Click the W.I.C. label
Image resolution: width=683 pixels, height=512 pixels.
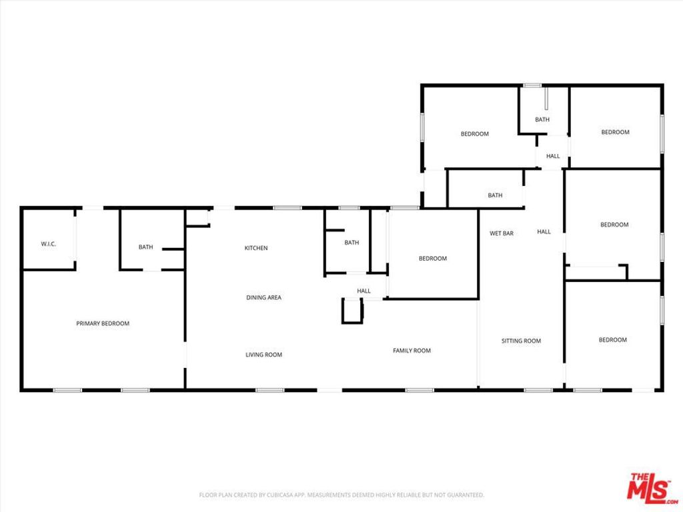click(x=48, y=244)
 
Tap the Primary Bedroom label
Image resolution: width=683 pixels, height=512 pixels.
click(x=103, y=323)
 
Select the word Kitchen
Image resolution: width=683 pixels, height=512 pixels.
click(x=256, y=248)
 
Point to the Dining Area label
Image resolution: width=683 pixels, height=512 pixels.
click(x=264, y=297)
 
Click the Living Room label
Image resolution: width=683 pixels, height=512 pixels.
click(x=264, y=355)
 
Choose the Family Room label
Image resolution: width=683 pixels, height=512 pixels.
click(x=412, y=351)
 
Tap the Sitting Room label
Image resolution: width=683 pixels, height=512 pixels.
click(x=521, y=341)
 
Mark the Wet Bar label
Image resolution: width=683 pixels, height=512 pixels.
click(x=502, y=233)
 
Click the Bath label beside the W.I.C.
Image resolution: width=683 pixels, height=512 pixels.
click(x=145, y=247)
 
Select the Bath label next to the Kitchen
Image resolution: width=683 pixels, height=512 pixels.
click(x=352, y=243)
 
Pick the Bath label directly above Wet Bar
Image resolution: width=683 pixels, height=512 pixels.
click(x=495, y=195)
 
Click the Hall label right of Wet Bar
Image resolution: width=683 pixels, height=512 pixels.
click(x=544, y=232)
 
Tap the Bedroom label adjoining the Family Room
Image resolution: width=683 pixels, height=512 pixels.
click(x=433, y=259)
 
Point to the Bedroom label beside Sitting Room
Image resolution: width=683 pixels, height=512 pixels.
click(x=612, y=340)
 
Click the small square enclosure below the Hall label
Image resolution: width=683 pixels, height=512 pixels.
click(x=352, y=311)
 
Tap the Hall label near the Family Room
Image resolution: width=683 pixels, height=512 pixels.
click(x=364, y=291)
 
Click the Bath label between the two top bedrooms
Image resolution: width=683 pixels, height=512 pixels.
click(x=542, y=120)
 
